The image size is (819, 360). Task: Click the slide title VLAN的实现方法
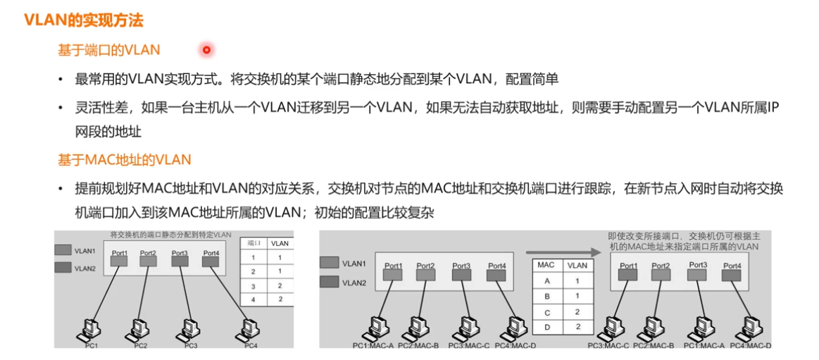(84, 20)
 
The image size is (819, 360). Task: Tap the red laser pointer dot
(206, 50)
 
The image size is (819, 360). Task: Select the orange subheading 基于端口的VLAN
(108, 50)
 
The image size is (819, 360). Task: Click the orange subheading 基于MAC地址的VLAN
(124, 160)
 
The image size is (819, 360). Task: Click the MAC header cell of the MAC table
(545, 265)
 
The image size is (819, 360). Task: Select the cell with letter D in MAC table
(545, 326)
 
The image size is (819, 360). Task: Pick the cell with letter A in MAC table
(545, 280)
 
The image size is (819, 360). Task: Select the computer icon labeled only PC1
(90, 328)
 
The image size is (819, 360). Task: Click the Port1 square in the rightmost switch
(628, 275)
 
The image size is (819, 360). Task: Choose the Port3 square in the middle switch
(461, 275)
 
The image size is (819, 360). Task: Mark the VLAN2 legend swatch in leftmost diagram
(63, 268)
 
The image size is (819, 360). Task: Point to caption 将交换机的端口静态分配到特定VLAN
(170, 235)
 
